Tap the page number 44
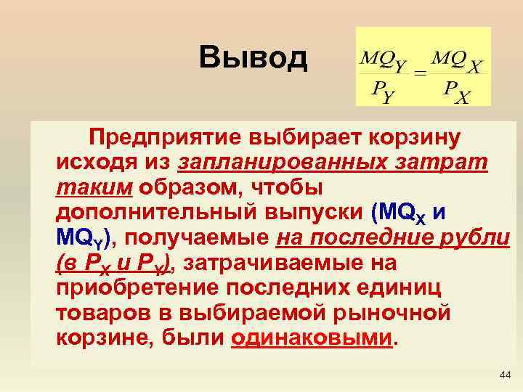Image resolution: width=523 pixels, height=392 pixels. coord(505,375)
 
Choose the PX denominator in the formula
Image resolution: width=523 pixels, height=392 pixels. coord(455,92)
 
